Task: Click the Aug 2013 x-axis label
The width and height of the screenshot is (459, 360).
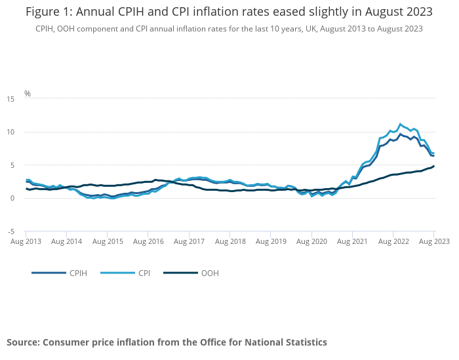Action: [26, 241]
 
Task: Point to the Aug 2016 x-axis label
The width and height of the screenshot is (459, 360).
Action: [148, 241]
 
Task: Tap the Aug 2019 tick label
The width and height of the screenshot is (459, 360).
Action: [271, 241]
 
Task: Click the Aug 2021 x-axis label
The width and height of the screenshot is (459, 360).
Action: [352, 241]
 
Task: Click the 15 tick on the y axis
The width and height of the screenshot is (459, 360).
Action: [10, 99]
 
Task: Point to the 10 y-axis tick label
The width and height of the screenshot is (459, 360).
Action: [10, 132]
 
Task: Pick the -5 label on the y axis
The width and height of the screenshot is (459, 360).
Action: [10, 231]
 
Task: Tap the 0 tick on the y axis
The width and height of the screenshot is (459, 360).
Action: [12, 198]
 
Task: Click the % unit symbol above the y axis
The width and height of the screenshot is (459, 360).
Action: [28, 94]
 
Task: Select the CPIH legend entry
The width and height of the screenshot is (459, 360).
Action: [79, 273]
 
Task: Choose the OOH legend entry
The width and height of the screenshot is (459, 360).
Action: [210, 273]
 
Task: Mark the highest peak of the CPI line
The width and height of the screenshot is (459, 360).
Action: [400, 124]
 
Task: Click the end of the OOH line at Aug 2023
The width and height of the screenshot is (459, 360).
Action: [433, 166]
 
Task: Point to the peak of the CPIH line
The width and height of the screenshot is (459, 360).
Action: [400, 134]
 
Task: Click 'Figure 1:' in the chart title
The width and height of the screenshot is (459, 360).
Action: [48, 12]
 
